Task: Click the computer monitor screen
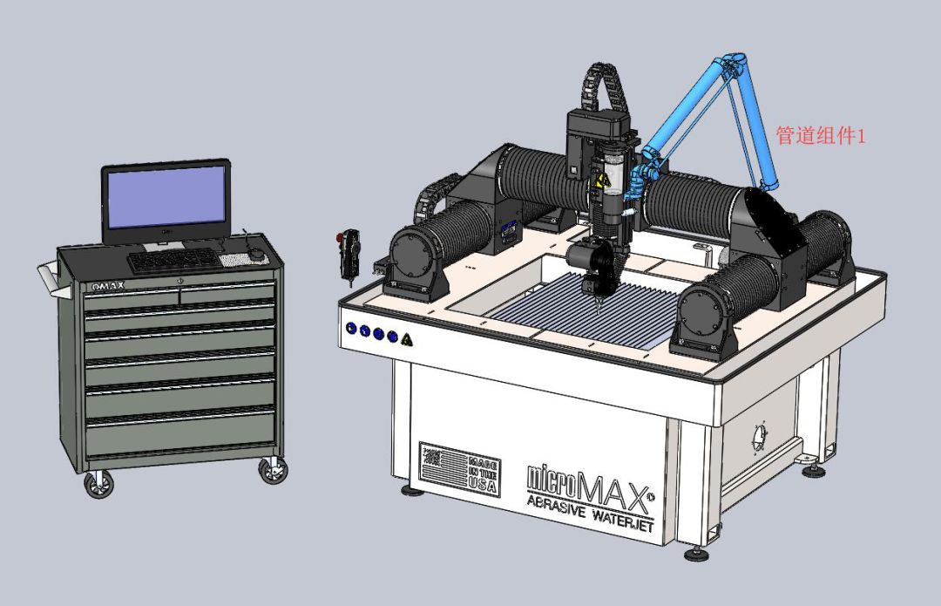pyautogui.click(x=166, y=199)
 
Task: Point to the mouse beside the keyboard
pyautogui.click(x=256, y=254)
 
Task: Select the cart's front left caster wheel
pyautogui.click(x=98, y=485)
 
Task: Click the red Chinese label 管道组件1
pyautogui.click(x=820, y=136)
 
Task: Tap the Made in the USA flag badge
pyautogui.click(x=459, y=469)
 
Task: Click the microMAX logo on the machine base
pyautogui.click(x=589, y=477)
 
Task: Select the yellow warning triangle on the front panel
pyautogui.click(x=406, y=338)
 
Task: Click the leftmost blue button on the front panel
pyautogui.click(x=351, y=329)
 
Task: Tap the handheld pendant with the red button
pyautogui.click(x=351, y=253)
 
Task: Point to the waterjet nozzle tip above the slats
pyautogui.click(x=599, y=305)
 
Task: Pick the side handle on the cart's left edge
pyautogui.click(x=49, y=279)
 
